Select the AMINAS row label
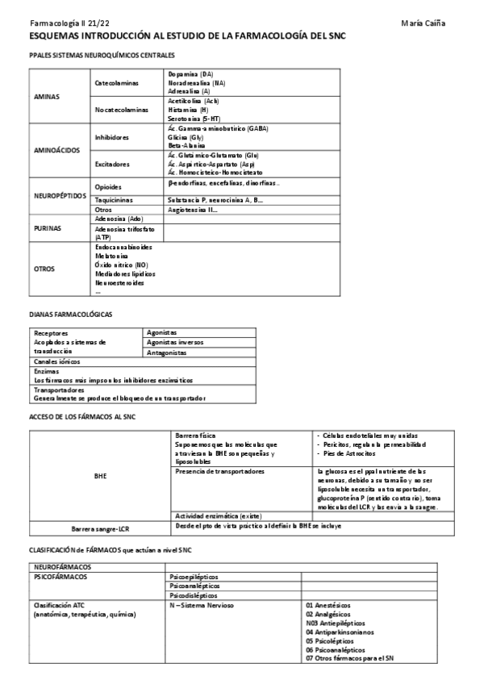[46, 96]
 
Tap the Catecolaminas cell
[117, 83]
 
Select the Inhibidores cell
[112, 137]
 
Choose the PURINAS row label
[48, 228]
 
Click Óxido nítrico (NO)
[121, 265]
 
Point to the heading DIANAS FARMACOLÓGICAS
[70, 314]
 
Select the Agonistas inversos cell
[176, 342]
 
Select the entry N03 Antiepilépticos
[335, 624]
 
